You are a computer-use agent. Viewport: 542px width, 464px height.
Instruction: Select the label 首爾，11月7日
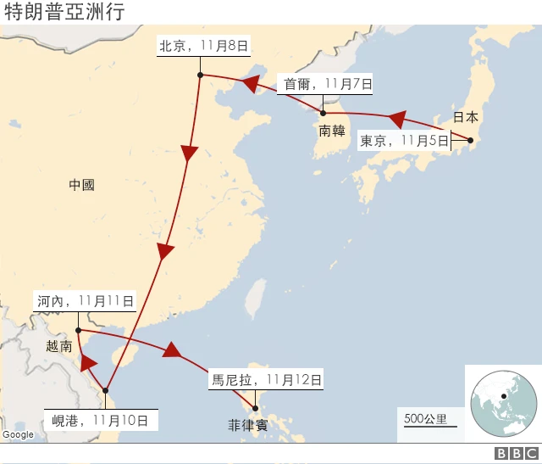325,83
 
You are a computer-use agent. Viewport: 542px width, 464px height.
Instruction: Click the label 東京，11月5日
404,141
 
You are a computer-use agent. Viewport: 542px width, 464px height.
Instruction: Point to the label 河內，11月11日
86,300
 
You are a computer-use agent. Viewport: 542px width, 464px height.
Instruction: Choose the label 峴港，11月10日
100,419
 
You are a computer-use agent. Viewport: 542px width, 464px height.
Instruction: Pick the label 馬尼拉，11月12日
267,381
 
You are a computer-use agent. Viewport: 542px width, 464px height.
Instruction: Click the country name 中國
82,184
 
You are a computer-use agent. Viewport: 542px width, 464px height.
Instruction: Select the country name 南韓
332,131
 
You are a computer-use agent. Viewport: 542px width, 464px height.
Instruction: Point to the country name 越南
60,345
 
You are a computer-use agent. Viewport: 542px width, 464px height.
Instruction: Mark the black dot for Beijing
199,75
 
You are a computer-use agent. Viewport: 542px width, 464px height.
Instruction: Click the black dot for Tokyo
470,141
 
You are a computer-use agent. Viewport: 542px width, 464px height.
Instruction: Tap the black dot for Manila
255,407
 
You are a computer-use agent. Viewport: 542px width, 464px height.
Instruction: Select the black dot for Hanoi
78,330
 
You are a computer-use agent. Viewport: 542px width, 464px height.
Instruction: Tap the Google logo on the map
18,434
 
